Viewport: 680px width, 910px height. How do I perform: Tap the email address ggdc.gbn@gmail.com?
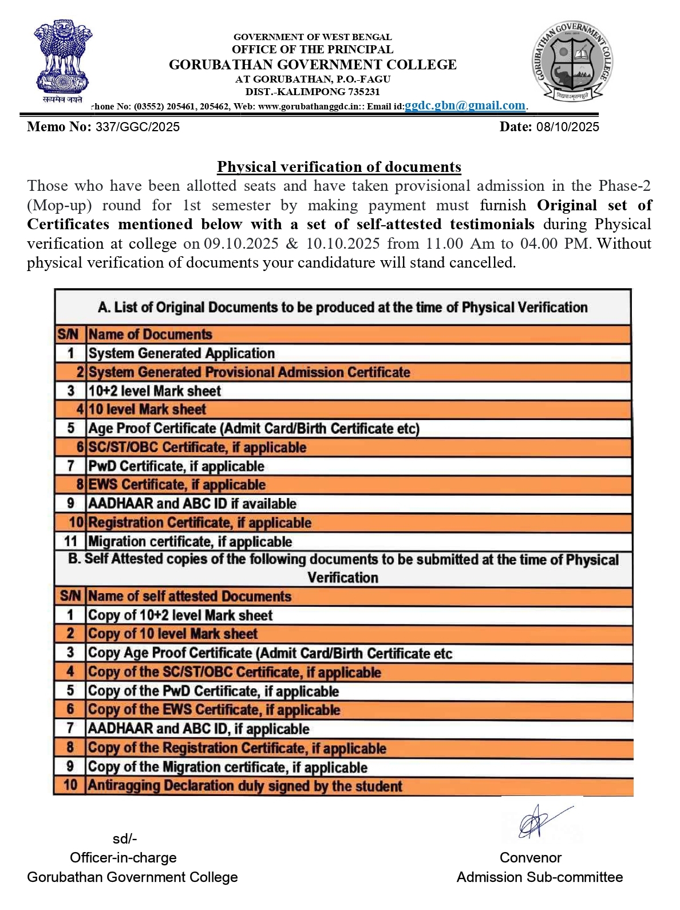click(465, 105)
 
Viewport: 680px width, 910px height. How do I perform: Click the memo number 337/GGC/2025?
click(137, 127)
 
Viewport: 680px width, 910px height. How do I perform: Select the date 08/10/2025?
click(567, 127)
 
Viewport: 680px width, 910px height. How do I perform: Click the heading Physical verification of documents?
click(339, 167)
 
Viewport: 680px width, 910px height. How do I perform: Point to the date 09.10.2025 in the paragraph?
click(242, 244)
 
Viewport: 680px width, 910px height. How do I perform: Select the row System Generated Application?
click(181, 353)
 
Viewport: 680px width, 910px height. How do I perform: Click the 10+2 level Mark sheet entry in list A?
click(155, 391)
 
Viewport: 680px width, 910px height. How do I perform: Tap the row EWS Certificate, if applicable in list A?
click(177, 485)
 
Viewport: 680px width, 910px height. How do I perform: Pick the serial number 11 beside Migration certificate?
click(70, 542)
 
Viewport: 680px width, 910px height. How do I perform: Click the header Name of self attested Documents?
click(189, 596)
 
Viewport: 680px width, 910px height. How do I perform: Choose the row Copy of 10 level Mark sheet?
click(172, 634)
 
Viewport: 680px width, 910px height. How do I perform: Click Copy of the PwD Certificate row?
click(213, 691)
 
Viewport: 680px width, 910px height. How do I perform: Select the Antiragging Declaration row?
click(245, 786)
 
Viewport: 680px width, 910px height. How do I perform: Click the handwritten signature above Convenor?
click(538, 822)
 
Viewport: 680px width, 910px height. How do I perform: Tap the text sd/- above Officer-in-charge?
click(125, 839)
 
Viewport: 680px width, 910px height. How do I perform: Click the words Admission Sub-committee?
click(539, 877)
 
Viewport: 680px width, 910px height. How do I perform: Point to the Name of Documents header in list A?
click(150, 334)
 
